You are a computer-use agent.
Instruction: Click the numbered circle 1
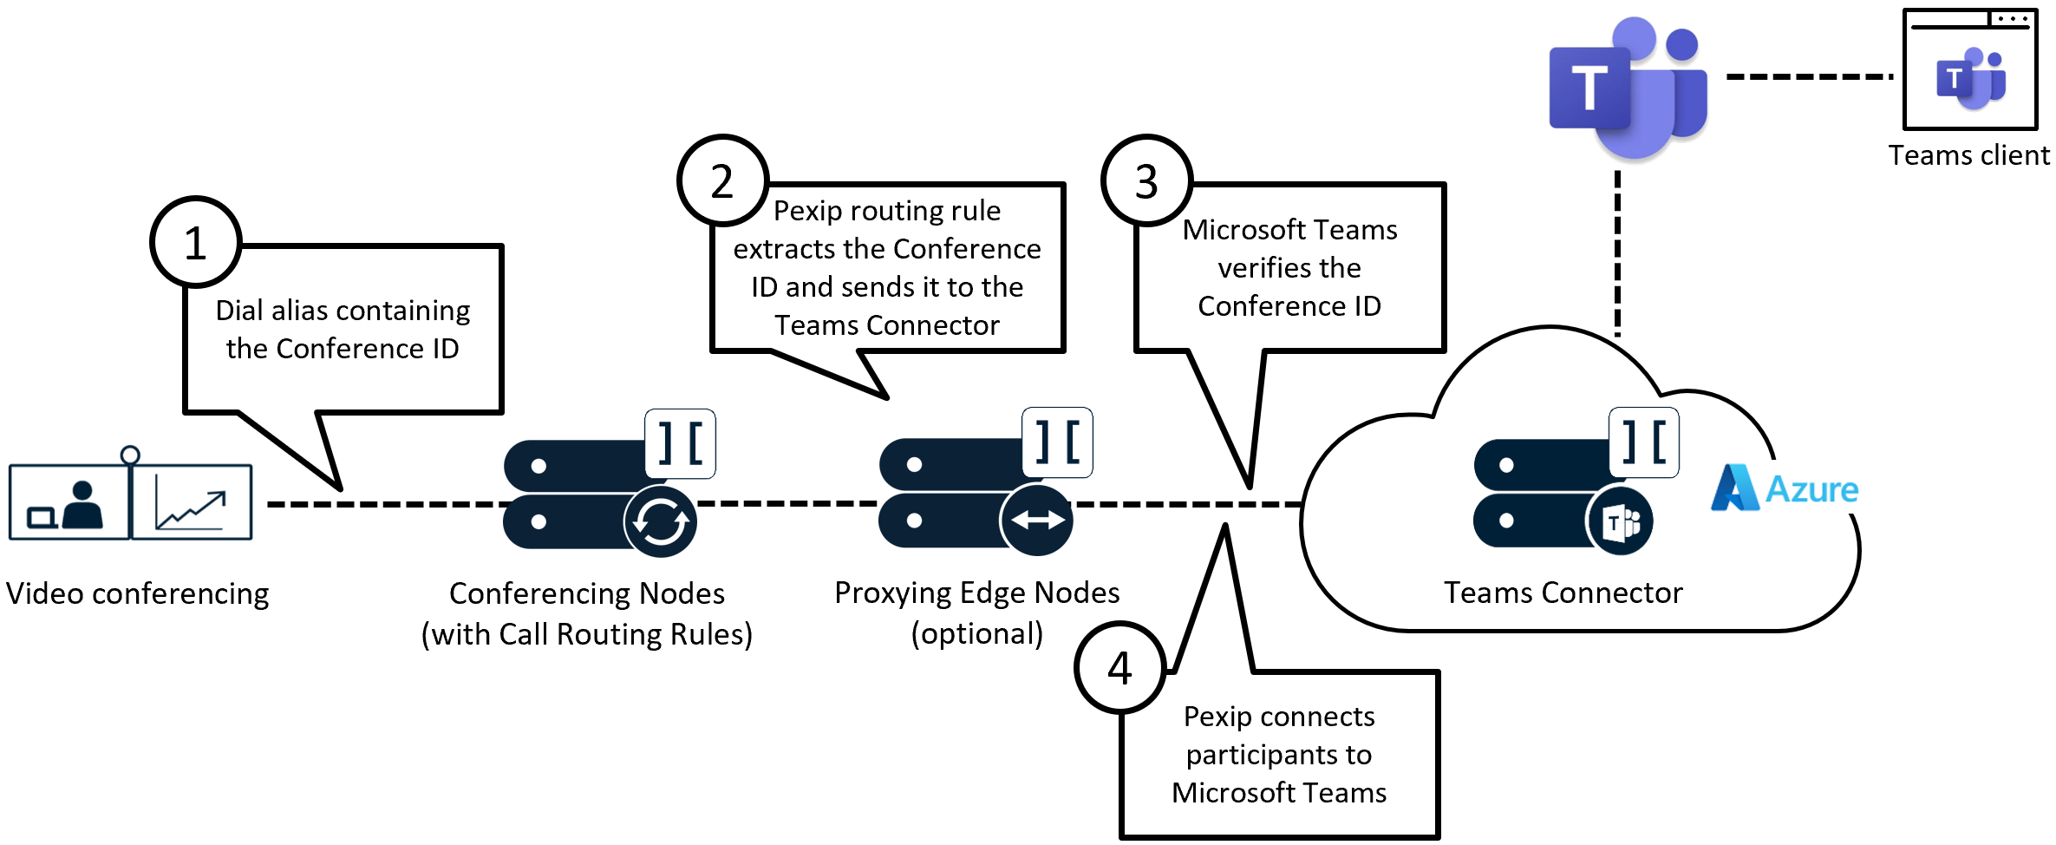(x=195, y=242)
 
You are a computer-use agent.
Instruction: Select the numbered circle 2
(x=722, y=180)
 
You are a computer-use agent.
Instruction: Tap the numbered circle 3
(x=1146, y=180)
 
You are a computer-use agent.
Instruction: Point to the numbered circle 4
(x=1119, y=667)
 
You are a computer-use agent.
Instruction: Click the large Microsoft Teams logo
(x=1628, y=87)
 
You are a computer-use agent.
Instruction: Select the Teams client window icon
(x=1969, y=69)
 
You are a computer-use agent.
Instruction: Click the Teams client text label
(x=1968, y=155)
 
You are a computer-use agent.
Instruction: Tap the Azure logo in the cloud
(x=1785, y=488)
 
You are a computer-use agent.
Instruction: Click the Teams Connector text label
(x=1563, y=593)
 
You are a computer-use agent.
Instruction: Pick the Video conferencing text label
(x=137, y=593)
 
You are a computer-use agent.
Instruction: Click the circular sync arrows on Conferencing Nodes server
(x=661, y=521)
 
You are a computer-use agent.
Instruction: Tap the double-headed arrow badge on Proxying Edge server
(x=1037, y=520)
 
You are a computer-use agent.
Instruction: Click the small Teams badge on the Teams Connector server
(x=1620, y=522)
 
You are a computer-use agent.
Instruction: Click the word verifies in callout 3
(x=1289, y=268)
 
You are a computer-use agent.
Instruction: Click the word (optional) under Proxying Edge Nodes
(x=976, y=634)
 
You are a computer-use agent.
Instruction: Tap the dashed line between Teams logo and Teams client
(x=1809, y=76)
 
